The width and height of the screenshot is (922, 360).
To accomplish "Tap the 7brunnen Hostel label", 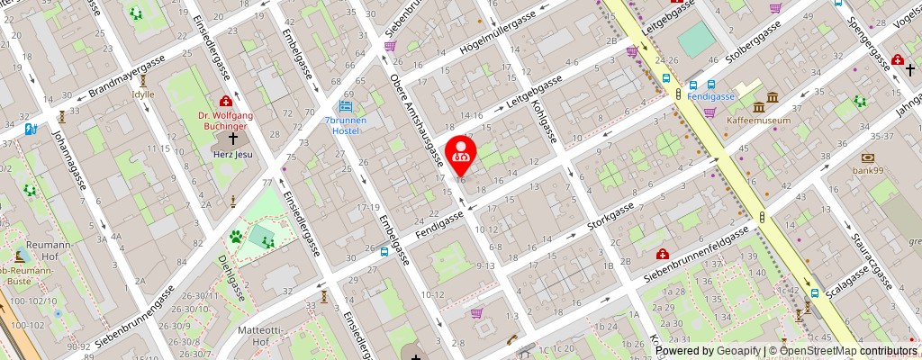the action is (x=341, y=126).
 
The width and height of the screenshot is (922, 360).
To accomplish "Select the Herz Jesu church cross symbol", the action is (x=233, y=139).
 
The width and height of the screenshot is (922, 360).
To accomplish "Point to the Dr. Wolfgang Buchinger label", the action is (x=226, y=121).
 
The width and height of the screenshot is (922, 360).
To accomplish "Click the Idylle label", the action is (x=142, y=94).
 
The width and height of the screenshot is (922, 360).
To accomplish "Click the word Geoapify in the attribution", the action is (x=736, y=351).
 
